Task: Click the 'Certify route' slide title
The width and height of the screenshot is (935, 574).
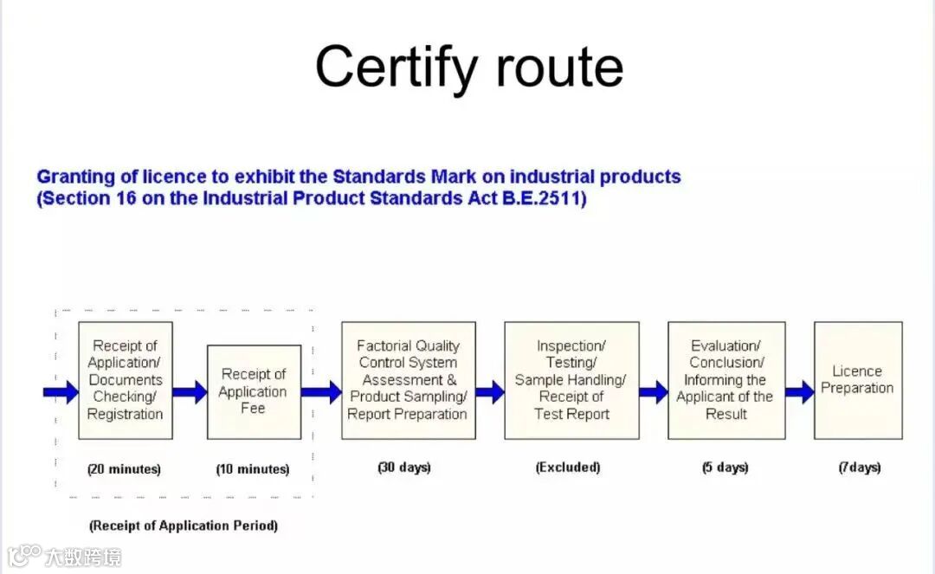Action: coord(468,68)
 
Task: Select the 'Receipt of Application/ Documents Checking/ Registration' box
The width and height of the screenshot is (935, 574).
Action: coord(125,380)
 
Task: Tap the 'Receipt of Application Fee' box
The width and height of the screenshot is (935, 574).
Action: coord(254,391)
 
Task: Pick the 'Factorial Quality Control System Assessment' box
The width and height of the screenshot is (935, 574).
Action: coord(408,380)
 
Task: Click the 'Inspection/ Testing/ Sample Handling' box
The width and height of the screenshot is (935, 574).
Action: coord(571,380)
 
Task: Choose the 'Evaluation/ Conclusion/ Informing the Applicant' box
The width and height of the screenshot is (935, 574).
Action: coord(725,380)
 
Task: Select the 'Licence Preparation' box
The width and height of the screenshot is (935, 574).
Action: coord(857,380)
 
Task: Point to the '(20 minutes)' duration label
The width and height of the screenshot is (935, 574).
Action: coord(124,469)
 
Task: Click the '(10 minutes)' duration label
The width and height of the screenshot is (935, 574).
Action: coord(253,469)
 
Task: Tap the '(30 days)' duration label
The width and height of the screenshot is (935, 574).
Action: coord(404,468)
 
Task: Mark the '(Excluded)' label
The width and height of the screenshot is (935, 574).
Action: coord(568,468)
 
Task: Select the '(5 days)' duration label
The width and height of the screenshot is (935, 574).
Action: coord(725,468)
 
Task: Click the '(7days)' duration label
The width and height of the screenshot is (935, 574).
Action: coord(859,468)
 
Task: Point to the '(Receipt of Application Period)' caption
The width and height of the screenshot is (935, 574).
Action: coord(184,526)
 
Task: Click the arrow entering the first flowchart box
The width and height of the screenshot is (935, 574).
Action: coord(61,393)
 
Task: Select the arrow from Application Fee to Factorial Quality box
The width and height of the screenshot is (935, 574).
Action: coord(321,392)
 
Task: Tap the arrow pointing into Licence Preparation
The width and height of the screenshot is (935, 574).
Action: coord(800,392)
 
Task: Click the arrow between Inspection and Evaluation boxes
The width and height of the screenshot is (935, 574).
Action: coord(654,392)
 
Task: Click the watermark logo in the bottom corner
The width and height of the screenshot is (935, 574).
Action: coord(24,555)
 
